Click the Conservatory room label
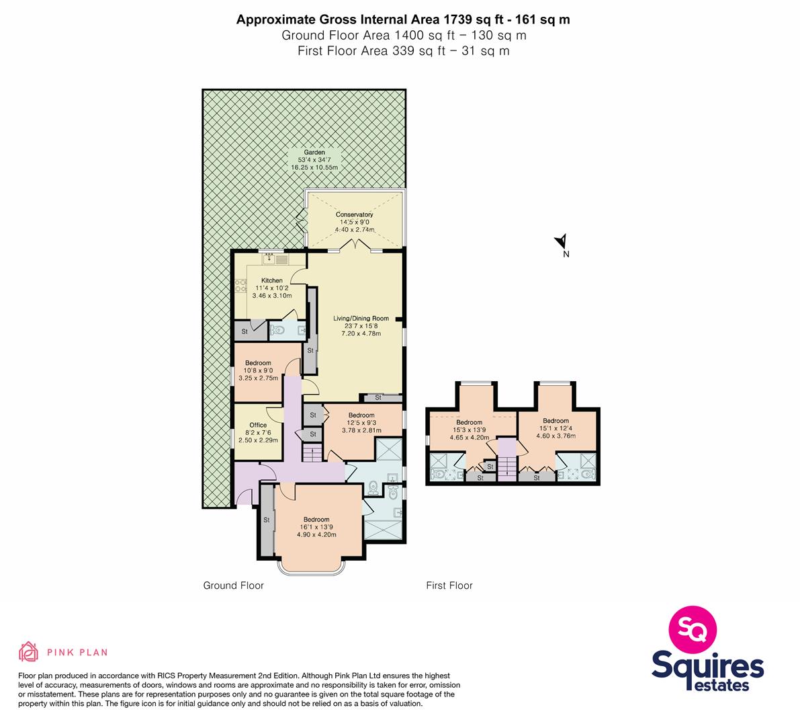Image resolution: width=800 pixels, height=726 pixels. (x=354, y=214)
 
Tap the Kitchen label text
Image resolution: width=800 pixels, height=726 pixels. (x=272, y=280)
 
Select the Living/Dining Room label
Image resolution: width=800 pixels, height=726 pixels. (x=361, y=318)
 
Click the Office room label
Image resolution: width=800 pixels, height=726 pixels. (x=258, y=425)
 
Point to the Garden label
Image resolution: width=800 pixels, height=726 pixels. (x=314, y=152)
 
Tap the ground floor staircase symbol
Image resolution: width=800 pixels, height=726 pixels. (x=310, y=453)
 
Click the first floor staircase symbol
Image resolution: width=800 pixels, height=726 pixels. (x=507, y=466)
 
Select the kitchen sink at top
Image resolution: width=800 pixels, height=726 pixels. (x=275, y=259)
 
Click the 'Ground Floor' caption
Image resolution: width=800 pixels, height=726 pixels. (x=234, y=586)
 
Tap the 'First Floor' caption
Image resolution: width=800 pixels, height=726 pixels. (x=449, y=586)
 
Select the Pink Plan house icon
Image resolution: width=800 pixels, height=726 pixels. (x=29, y=651)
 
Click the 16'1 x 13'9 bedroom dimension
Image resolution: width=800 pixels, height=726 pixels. (x=316, y=527)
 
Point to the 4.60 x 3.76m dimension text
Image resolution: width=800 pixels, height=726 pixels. (x=555, y=436)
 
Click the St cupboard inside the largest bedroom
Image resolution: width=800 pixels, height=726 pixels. (x=266, y=520)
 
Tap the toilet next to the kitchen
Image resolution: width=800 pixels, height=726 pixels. (x=279, y=330)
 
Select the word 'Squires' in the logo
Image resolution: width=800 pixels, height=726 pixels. (x=708, y=665)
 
